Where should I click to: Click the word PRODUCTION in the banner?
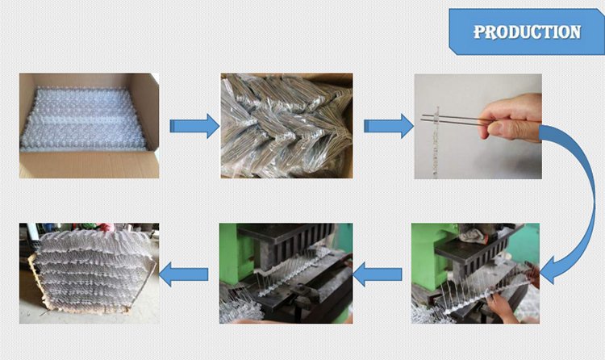(x=526, y=32)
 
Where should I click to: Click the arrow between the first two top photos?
(x=194, y=125)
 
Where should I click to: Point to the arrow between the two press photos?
(x=378, y=274)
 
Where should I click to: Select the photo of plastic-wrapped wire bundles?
(x=286, y=126)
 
